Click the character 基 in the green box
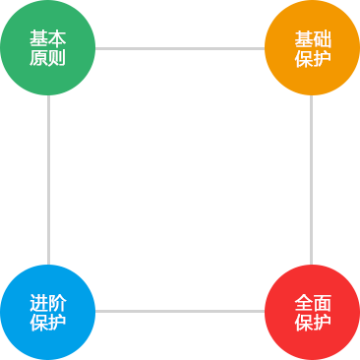click(38, 39)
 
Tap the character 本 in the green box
click(57, 39)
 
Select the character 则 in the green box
click(57, 58)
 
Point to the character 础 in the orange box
click(322, 40)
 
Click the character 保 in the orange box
click(303, 59)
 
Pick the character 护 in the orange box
click(322, 59)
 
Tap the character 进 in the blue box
click(38, 303)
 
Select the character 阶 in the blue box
click(57, 303)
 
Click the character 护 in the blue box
click(57, 322)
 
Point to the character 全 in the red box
click(303, 304)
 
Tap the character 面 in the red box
click(322, 304)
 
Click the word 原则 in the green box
click(47, 58)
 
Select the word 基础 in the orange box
click(312, 40)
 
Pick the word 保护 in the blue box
click(47, 322)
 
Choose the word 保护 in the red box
click(312, 323)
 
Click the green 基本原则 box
click(48, 48)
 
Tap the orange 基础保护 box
click(312, 48)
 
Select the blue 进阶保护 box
click(48, 312)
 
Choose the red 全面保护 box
click(312, 312)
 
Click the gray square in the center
click(180, 180)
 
